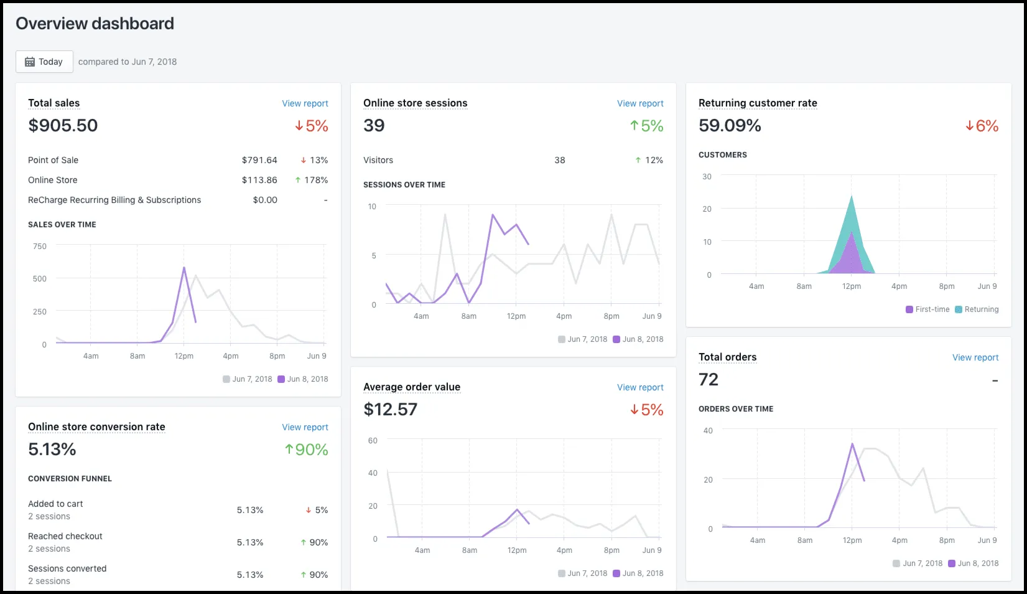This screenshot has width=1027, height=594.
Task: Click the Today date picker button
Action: pyautogui.click(x=44, y=62)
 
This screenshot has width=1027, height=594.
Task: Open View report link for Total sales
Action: pyautogui.click(x=305, y=103)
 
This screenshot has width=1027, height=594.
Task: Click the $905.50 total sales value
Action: pyautogui.click(x=63, y=125)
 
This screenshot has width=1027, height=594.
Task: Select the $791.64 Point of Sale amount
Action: pyautogui.click(x=259, y=160)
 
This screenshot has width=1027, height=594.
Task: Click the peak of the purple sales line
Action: pyautogui.click(x=184, y=268)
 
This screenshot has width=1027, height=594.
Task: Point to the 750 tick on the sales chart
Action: pyautogui.click(x=40, y=247)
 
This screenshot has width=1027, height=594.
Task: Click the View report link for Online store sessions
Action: pyautogui.click(x=640, y=103)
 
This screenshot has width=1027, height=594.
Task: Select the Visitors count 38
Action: pyautogui.click(x=560, y=160)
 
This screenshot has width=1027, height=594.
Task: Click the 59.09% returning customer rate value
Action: pyautogui.click(x=730, y=125)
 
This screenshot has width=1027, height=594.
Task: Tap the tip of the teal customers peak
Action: pyautogui.click(x=852, y=196)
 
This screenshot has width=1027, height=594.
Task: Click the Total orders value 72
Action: pyautogui.click(x=709, y=379)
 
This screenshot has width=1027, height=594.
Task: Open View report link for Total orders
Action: pyautogui.click(x=975, y=357)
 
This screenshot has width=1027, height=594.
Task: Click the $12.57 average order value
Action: pyautogui.click(x=390, y=409)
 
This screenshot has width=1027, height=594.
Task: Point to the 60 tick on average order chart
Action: pyautogui.click(x=373, y=441)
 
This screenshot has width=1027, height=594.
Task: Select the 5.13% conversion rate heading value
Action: pyautogui.click(x=52, y=449)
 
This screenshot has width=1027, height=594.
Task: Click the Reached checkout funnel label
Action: pyautogui.click(x=65, y=536)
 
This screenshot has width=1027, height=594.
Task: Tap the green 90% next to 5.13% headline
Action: pyautogui.click(x=307, y=450)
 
